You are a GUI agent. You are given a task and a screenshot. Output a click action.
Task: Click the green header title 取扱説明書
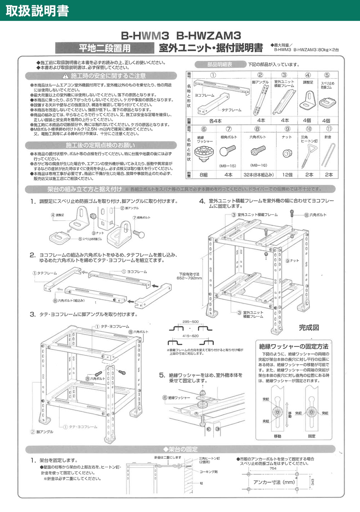(37, 10)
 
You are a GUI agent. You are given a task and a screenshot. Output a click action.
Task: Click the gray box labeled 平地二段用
(104, 48)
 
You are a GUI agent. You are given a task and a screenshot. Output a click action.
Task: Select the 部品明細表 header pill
(220, 64)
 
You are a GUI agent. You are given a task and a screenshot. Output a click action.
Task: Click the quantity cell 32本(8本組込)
(258, 175)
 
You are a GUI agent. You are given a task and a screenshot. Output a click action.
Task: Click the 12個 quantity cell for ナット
(287, 175)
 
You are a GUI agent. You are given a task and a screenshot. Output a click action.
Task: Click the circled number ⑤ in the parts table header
(327, 75)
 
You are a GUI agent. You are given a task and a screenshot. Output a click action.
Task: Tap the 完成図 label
(309, 328)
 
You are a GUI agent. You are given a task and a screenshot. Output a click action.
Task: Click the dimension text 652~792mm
(189, 278)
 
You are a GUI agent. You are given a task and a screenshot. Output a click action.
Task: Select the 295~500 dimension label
(190, 322)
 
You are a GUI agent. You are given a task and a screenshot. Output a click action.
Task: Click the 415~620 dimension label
(190, 336)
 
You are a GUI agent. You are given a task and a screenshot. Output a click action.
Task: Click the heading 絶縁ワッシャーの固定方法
(293, 346)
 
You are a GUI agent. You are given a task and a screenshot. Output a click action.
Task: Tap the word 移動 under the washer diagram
(277, 436)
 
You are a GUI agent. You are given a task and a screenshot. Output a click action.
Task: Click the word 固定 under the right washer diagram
(312, 436)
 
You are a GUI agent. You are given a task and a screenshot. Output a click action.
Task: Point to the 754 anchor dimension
(273, 468)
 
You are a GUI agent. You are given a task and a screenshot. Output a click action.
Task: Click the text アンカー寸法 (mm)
(274, 482)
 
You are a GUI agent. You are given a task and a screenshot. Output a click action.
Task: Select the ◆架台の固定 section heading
(180, 449)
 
